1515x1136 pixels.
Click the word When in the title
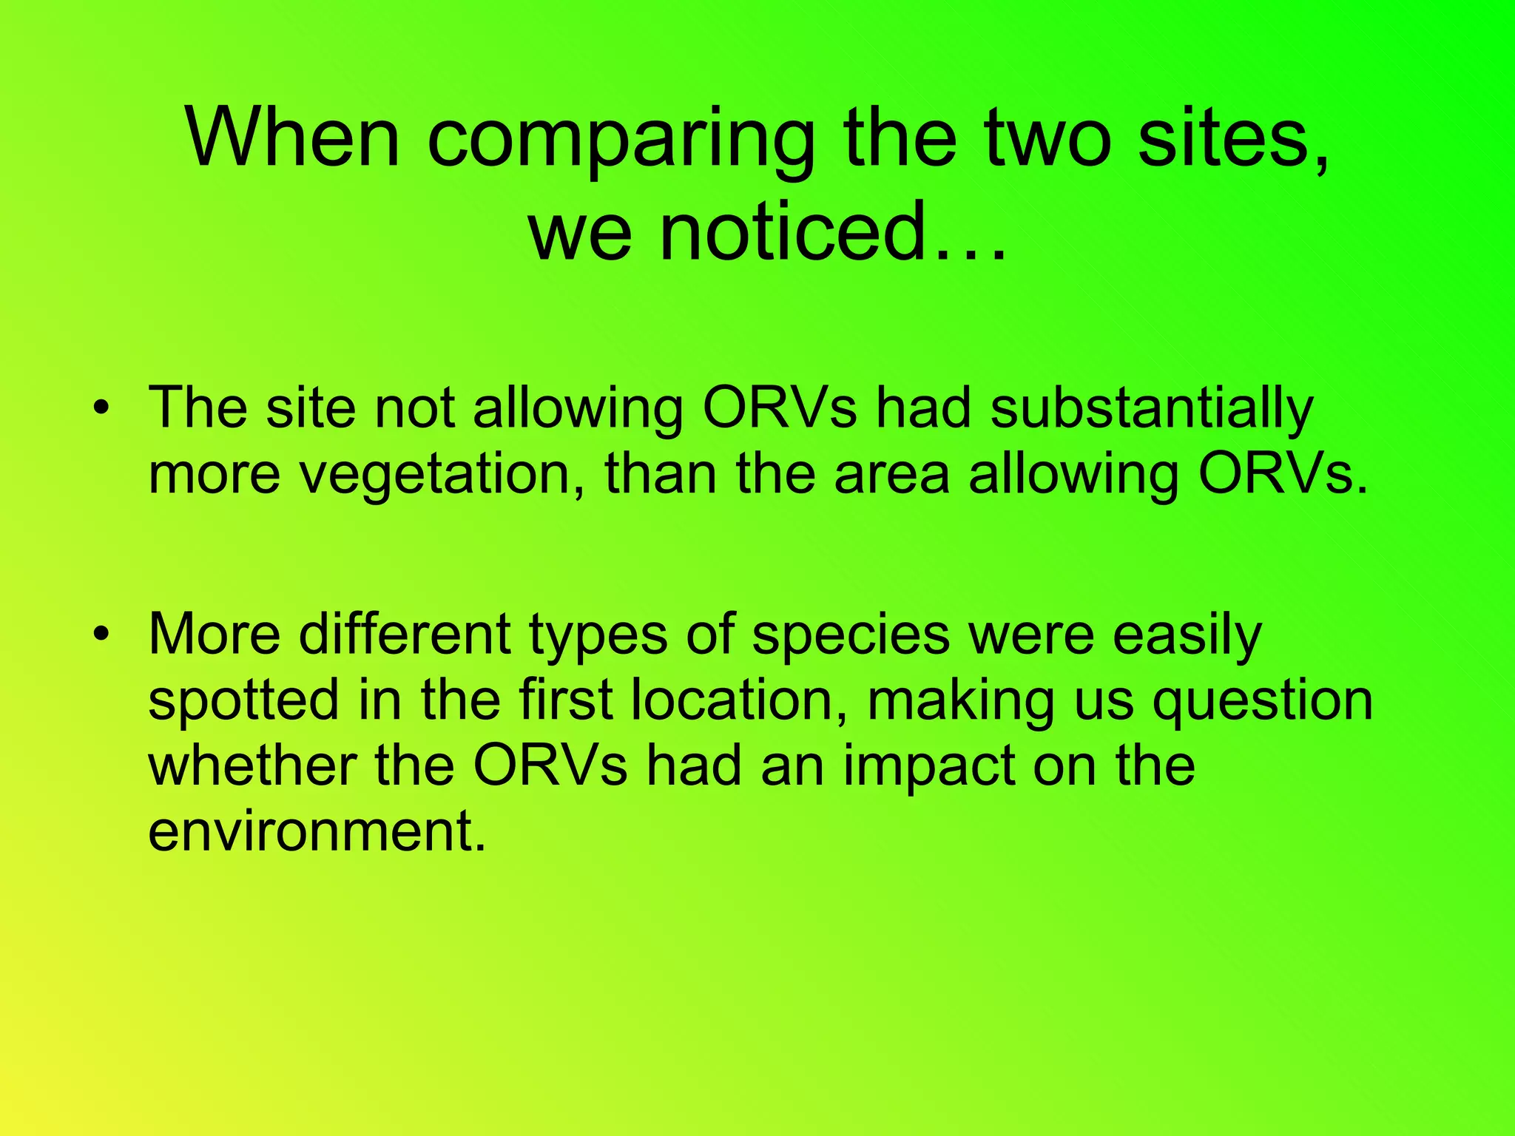coord(293,138)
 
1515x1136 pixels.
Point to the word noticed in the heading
coord(792,231)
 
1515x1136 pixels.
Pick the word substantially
coord(1151,409)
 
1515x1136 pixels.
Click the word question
coord(1263,701)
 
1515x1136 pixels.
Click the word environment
coord(317,831)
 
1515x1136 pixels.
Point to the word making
coord(961,701)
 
